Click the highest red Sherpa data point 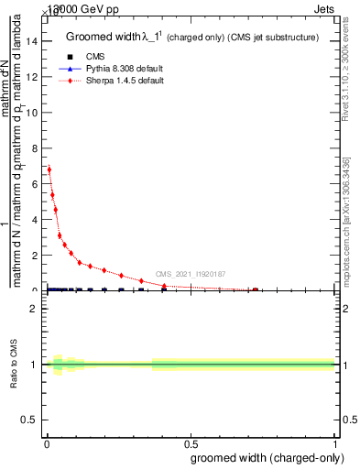49,169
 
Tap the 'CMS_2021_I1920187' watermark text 190,274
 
